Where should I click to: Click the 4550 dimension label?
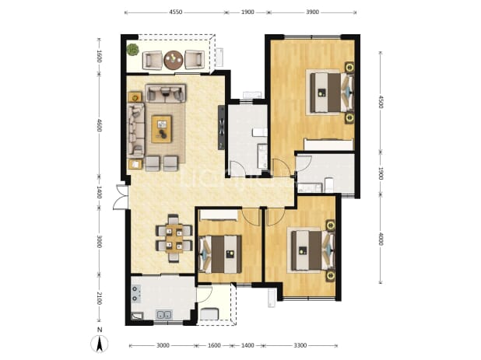click(175, 12)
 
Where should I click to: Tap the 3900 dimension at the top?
click(312, 12)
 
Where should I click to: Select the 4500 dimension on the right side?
click(381, 101)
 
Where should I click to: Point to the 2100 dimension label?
click(99, 298)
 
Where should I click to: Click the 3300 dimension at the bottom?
click(300, 345)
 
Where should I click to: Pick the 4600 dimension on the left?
click(99, 125)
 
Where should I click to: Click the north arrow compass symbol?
click(100, 344)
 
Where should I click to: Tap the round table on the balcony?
click(174, 59)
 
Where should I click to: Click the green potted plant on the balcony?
click(133, 50)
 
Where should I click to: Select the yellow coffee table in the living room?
click(162, 128)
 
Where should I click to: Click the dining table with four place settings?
click(174, 239)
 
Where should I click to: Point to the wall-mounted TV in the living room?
click(221, 128)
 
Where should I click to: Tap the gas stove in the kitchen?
click(136, 294)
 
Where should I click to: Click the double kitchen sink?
click(163, 315)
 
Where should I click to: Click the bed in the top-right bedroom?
click(331, 93)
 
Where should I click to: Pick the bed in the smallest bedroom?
click(220, 254)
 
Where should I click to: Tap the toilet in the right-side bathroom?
click(329, 184)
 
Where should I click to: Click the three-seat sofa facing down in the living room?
click(166, 93)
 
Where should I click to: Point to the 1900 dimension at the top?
click(248, 12)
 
